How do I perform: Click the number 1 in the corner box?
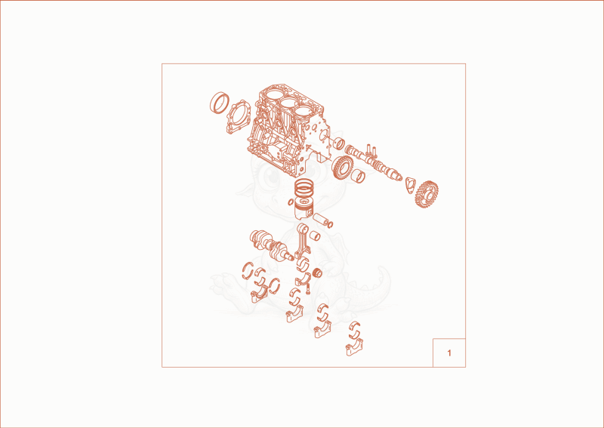pyautogui.click(x=448, y=353)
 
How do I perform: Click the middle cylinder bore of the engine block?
pyautogui.click(x=290, y=103)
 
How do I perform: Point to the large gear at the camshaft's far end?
pyautogui.click(x=427, y=194)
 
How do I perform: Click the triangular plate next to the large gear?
pyautogui.click(x=410, y=185)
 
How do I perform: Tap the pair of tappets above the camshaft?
pyautogui.click(x=371, y=149)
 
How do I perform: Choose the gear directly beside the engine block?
pyautogui.click(x=341, y=167)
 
